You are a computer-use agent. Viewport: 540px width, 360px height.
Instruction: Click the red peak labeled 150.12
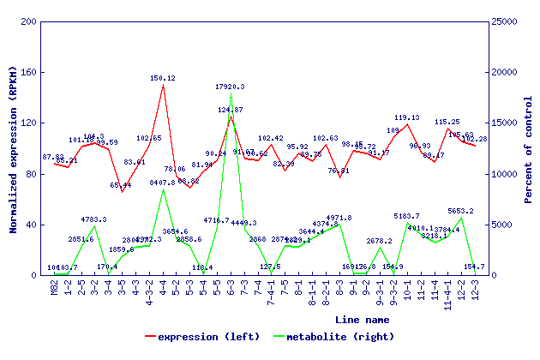pyautogui.click(x=163, y=84)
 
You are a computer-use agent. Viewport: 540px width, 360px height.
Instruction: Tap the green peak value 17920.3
pyautogui.click(x=231, y=87)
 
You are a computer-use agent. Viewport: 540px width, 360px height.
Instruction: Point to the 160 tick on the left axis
pyautogui.click(x=28, y=72)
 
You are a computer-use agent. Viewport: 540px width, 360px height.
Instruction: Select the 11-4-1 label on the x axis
pyautogui.click(x=447, y=294)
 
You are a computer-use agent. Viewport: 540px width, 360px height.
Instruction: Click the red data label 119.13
pyautogui.click(x=407, y=117)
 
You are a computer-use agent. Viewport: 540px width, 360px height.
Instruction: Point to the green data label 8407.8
pyautogui.click(x=163, y=183)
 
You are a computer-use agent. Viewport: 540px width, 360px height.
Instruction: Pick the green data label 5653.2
pyautogui.click(x=461, y=211)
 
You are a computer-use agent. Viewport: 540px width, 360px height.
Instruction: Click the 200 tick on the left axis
pyautogui.click(x=28, y=21)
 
